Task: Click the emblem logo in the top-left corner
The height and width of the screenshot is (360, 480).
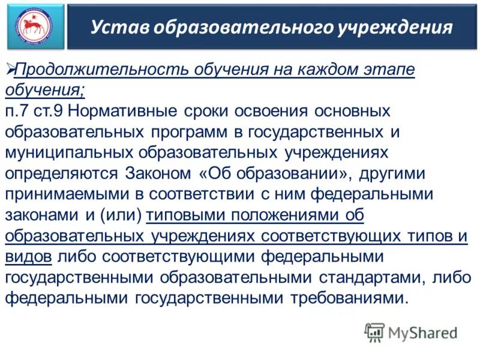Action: [x=35, y=26]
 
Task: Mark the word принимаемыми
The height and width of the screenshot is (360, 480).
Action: [x=70, y=195]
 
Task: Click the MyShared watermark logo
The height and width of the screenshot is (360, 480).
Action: [x=411, y=332]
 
